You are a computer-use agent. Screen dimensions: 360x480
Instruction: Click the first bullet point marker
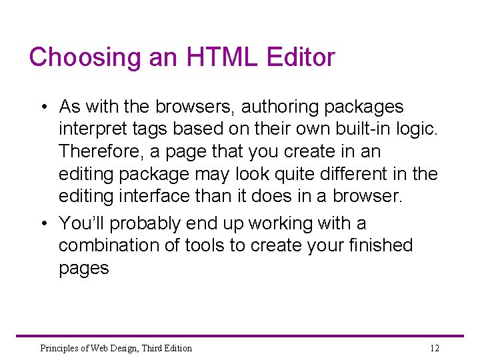(42, 107)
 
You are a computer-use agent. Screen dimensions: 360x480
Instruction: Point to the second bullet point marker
(42, 223)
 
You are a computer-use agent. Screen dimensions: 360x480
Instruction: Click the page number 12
(435, 348)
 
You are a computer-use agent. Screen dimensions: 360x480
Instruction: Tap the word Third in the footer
(143, 348)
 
